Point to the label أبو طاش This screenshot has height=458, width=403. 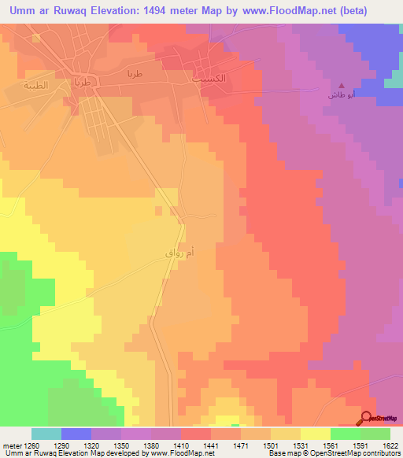[341, 94]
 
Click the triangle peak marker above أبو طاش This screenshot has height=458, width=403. [341, 85]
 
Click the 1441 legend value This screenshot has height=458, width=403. [211, 445]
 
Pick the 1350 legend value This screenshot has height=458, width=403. [122, 445]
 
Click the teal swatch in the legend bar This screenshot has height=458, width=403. [46, 434]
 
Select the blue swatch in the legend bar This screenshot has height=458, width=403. [76, 434]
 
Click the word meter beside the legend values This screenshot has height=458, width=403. [11, 445]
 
